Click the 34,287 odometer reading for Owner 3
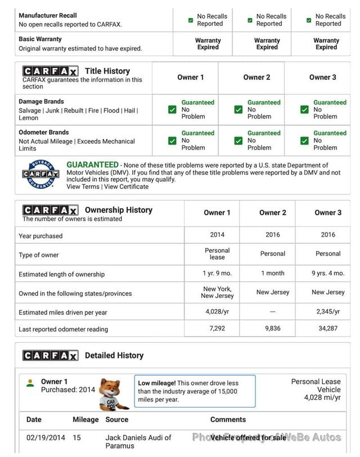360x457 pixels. [328, 328]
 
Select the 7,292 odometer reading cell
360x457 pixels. [217, 328]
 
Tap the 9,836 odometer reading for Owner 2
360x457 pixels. [273, 328]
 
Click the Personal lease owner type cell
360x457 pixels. [217, 254]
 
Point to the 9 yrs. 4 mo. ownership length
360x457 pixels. [328, 273]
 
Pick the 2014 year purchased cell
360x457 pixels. [217, 235]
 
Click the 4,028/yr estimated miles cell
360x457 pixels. [217, 311]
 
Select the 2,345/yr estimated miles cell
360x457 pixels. [328, 311]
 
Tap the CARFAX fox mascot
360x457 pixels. [113, 393]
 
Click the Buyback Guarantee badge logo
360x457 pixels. [40, 175]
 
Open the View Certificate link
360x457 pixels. [127, 187]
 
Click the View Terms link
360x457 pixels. [83, 187]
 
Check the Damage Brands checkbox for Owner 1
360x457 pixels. [173, 110]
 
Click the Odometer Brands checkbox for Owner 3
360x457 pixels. [304, 141]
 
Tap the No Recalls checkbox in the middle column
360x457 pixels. [250, 20]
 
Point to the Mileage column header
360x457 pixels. [85, 419]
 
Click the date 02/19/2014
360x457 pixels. [46, 437]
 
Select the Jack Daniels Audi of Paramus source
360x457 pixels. [138, 441]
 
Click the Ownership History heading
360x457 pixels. [118, 210]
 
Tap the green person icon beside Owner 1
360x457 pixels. [30, 383]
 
